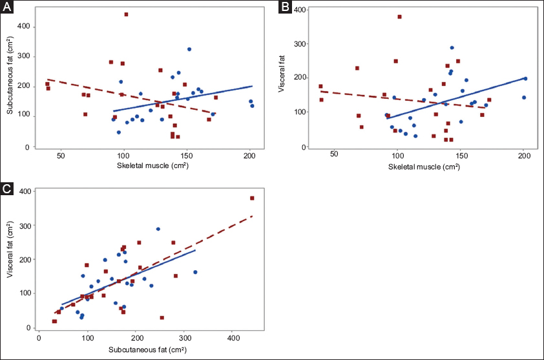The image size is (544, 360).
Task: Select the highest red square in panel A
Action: pyautogui.click(x=126, y=14)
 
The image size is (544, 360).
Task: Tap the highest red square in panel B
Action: pyautogui.click(x=399, y=17)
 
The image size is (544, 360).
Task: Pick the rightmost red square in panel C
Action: pyautogui.click(x=252, y=198)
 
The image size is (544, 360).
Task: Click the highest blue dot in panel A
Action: pyautogui.click(x=189, y=49)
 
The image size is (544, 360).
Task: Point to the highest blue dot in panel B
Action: pyautogui.click(x=452, y=48)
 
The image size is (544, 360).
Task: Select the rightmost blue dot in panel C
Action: pyautogui.click(x=195, y=272)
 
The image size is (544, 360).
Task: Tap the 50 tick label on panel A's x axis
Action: pyautogui.click(x=61, y=156)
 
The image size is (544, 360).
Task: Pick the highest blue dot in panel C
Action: pyautogui.click(x=158, y=229)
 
